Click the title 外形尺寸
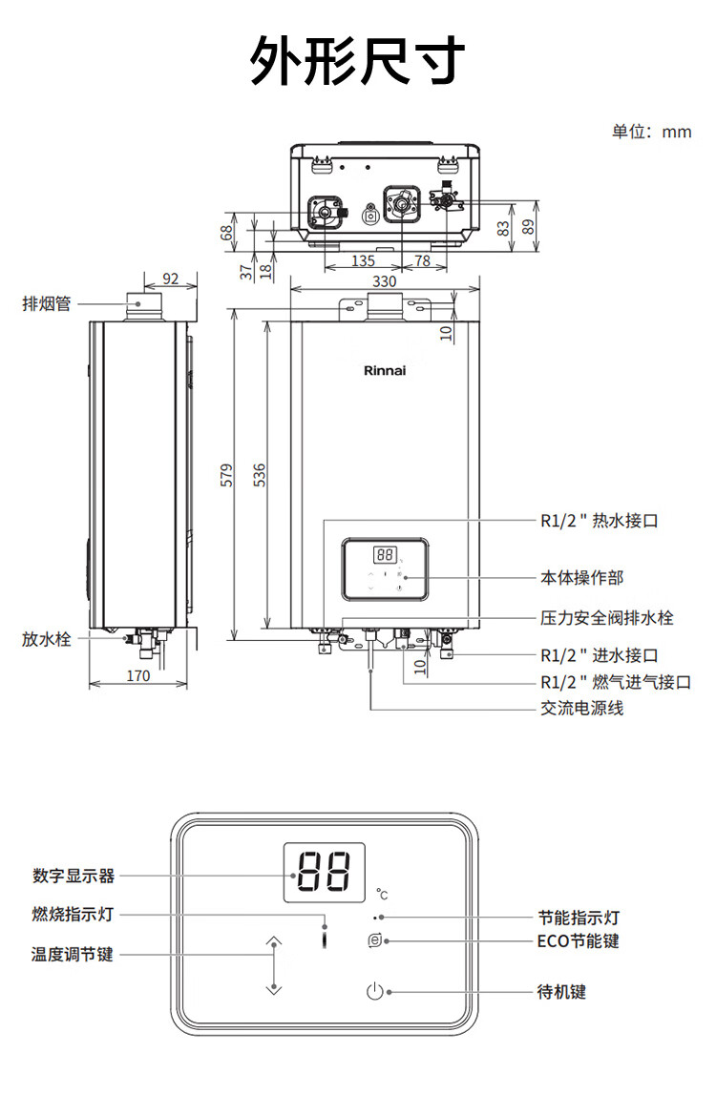pyautogui.click(x=358, y=60)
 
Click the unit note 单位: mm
pyautogui.click(x=651, y=132)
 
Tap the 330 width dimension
pyautogui.click(x=385, y=280)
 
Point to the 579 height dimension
pyautogui.click(x=226, y=474)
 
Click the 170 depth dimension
pyautogui.click(x=138, y=675)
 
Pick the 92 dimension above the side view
pyautogui.click(x=171, y=279)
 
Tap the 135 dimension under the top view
pyautogui.click(x=363, y=261)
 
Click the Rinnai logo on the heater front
pyautogui.click(x=385, y=370)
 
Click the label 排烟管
pyautogui.click(x=47, y=303)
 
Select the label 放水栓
pyautogui.click(x=47, y=638)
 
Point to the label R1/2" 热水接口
pyautogui.click(x=600, y=521)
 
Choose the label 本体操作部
pyautogui.click(x=581, y=577)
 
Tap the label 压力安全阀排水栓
pyautogui.click(x=606, y=617)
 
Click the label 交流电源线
pyautogui.click(x=581, y=709)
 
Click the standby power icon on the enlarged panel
pyautogui.click(x=375, y=991)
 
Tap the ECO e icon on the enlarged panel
pyautogui.click(x=375, y=940)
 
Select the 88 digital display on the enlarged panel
pyautogui.click(x=324, y=872)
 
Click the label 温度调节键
pyautogui.click(x=72, y=954)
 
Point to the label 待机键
pyautogui.click(x=561, y=991)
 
